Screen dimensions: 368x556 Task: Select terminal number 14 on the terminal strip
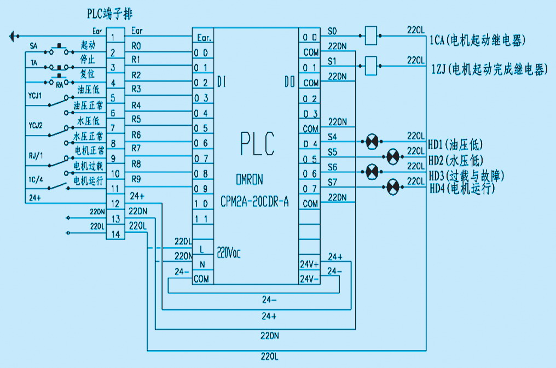click(114, 234)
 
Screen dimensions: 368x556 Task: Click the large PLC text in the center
click(257, 144)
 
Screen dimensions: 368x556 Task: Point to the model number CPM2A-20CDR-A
click(254, 203)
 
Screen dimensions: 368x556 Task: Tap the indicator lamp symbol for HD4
click(392, 188)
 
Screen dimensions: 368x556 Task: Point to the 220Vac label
click(229, 253)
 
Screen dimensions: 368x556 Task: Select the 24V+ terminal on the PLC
click(309, 264)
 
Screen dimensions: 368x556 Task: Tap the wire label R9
click(136, 178)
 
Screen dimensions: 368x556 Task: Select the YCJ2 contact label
click(35, 125)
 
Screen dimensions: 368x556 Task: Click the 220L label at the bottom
click(269, 357)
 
